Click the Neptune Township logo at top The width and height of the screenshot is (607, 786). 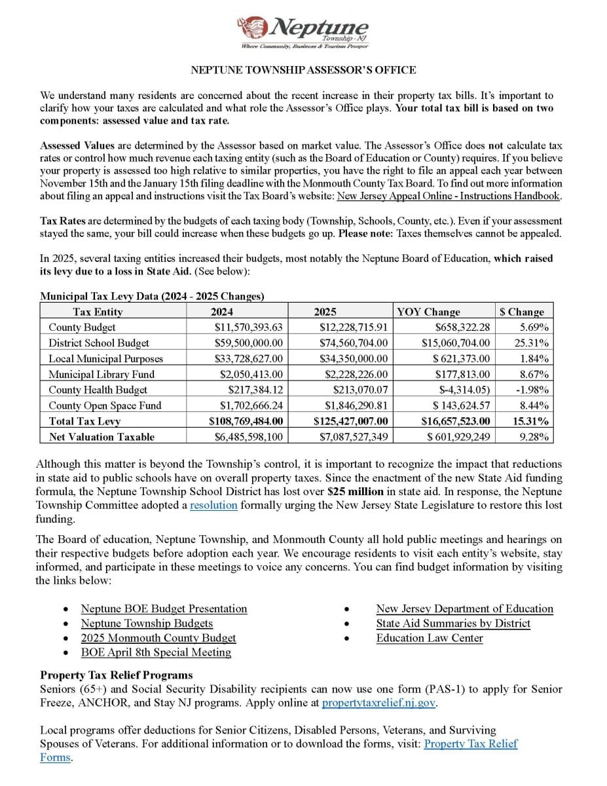pyautogui.click(x=303, y=31)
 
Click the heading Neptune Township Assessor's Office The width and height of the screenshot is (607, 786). pyautogui.click(x=303, y=70)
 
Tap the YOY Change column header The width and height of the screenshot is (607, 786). pyautogui.click(x=429, y=312)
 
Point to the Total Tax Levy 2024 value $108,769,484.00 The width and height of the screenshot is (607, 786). pyautogui.click(x=246, y=421)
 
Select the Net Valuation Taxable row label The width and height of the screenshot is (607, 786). pyautogui.click(x=101, y=437)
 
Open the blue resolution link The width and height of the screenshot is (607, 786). pyautogui.click(x=213, y=505)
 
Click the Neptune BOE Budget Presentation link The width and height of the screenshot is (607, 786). pyautogui.click(x=164, y=608)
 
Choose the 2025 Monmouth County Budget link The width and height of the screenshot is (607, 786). pyautogui.click(x=158, y=637)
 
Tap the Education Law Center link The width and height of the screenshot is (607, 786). pyautogui.click(x=429, y=637)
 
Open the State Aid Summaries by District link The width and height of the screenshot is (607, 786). pyautogui.click(x=453, y=623)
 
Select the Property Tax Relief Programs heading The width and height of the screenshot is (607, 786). pyautogui.click(x=117, y=675)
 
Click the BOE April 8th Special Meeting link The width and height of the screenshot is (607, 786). pyautogui.click(x=156, y=652)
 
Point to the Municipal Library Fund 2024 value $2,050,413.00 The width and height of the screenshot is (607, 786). pyautogui.click(x=251, y=374)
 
